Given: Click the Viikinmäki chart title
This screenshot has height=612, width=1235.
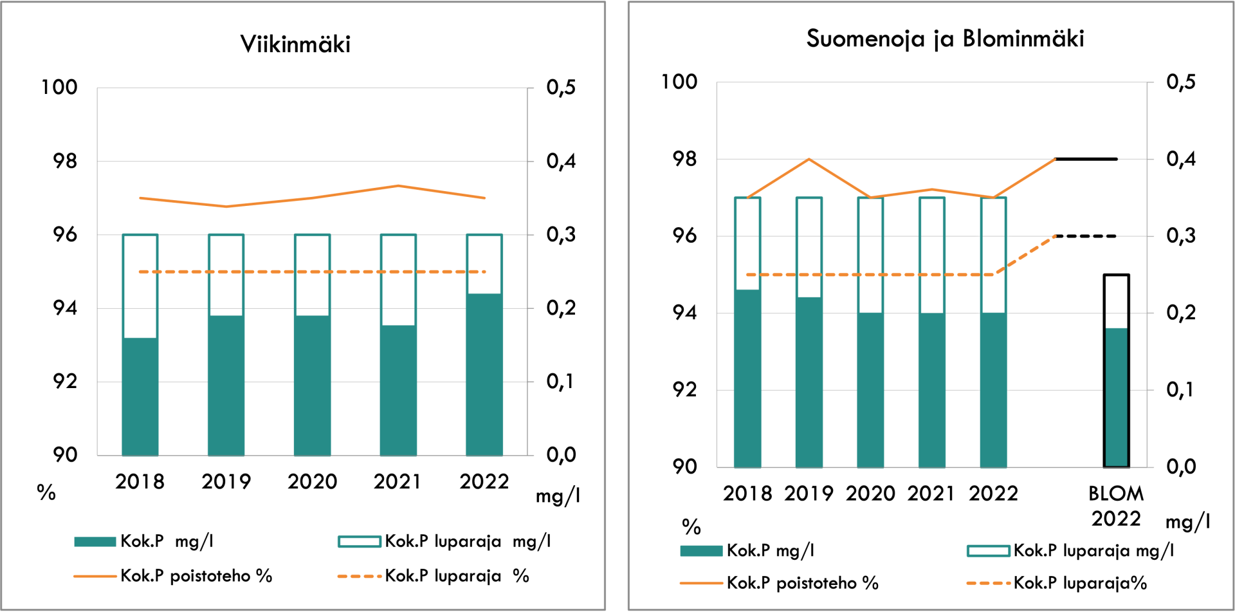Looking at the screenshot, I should [295, 44].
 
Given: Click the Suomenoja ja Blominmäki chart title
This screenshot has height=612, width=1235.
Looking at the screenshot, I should [945, 39].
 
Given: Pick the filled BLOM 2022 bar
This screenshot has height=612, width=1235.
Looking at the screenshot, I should [1117, 397].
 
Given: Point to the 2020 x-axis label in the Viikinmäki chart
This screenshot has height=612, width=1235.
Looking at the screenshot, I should [312, 481].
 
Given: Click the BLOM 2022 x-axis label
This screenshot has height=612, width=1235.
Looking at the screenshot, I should [1116, 506].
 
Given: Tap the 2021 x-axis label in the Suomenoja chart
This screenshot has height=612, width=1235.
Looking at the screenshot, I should [931, 494].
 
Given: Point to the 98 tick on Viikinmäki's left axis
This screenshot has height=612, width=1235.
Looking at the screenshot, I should [64, 161].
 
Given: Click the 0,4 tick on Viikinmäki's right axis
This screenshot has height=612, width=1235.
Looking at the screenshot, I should [561, 161].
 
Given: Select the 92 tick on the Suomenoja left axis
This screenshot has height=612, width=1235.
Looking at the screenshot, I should [684, 390].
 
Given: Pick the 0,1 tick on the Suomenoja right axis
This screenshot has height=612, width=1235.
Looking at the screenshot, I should [1180, 390].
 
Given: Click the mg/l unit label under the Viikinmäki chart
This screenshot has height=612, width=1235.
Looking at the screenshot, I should [558, 496].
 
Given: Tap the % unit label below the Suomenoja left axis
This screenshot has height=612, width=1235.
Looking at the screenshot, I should [691, 527].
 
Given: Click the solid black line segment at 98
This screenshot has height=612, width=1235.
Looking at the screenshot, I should [1086, 159].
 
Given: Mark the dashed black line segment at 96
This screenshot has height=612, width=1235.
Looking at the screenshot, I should [1086, 236].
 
